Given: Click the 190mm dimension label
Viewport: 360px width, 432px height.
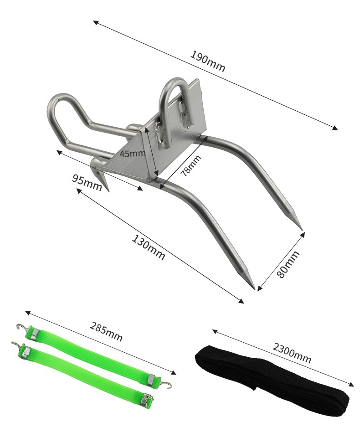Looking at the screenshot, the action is (208, 61).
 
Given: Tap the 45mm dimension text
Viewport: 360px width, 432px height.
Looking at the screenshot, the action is (132, 153).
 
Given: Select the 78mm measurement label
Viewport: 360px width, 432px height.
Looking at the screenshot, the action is (190, 165).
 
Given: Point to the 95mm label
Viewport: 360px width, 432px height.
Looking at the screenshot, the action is (87, 182).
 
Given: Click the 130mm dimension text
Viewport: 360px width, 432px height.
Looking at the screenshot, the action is (149, 247).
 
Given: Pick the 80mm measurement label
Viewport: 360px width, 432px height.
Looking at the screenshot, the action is (288, 264).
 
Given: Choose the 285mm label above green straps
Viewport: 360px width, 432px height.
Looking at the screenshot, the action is (106, 331).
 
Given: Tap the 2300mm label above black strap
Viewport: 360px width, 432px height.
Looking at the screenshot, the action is (292, 353).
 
